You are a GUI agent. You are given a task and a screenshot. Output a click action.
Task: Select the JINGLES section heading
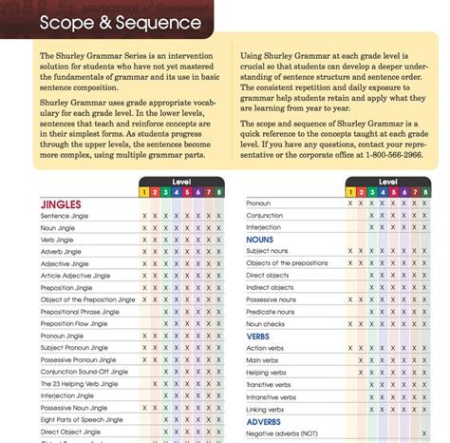click(61, 203)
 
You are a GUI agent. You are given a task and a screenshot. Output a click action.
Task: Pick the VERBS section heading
click(258, 336)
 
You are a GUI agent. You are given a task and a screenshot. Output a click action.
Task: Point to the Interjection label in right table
click(264, 227)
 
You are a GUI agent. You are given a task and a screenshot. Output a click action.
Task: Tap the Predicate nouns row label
click(271, 311)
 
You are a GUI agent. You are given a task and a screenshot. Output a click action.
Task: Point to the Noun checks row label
click(266, 323)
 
